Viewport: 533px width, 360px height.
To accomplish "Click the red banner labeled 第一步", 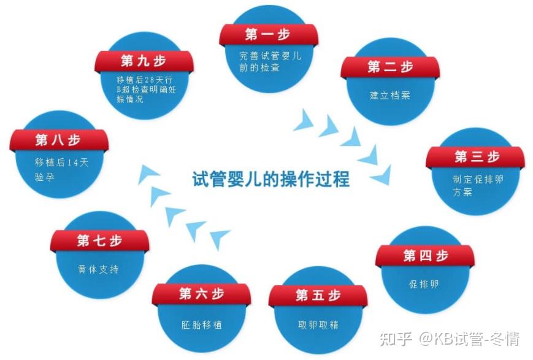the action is coord(268,34).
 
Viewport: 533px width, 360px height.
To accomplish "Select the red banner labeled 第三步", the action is coord(475,157).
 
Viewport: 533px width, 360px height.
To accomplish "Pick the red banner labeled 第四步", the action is coord(424,255).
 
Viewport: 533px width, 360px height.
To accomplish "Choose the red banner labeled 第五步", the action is coord(318,296).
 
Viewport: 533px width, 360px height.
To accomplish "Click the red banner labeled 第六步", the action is coord(201,294).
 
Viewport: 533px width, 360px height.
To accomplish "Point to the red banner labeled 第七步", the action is coord(99,240).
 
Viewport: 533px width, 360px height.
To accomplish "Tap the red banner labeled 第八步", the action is coord(58,140).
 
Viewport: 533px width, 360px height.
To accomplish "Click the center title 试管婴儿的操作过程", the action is coord(270,180).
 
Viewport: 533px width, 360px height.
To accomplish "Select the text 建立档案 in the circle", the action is coord(390,96).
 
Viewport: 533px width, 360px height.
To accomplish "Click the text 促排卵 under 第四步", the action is coord(424,285).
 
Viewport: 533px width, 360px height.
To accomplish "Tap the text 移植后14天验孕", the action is coord(57,169).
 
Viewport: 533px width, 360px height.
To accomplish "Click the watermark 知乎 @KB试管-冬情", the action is coord(450,339).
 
